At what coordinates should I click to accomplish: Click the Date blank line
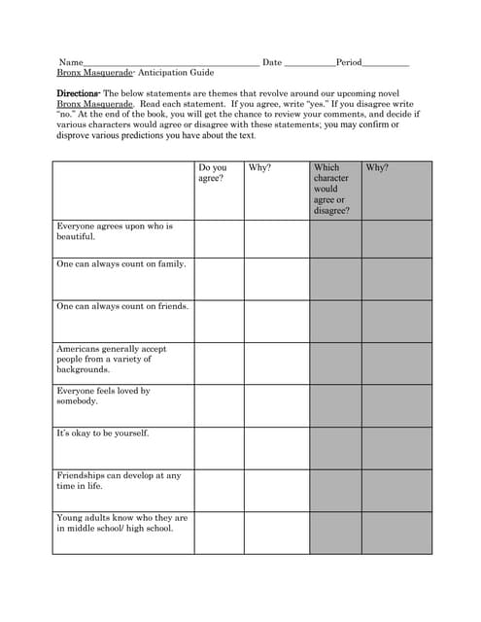309,63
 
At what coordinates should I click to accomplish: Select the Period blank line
386,63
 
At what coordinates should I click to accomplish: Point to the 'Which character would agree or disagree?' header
331,189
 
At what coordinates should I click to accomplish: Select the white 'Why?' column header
259,167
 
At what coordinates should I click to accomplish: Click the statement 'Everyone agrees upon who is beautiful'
114,231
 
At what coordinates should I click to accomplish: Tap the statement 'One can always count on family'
121,264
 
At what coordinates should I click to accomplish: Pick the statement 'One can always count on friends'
122,306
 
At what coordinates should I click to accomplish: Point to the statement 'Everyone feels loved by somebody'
103,396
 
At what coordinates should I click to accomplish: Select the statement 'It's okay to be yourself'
102,433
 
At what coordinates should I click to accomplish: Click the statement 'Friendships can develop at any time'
119,480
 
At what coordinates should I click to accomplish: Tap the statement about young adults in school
121,523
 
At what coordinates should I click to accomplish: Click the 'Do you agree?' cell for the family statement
218,278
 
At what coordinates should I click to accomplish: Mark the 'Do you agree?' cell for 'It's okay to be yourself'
218,447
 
